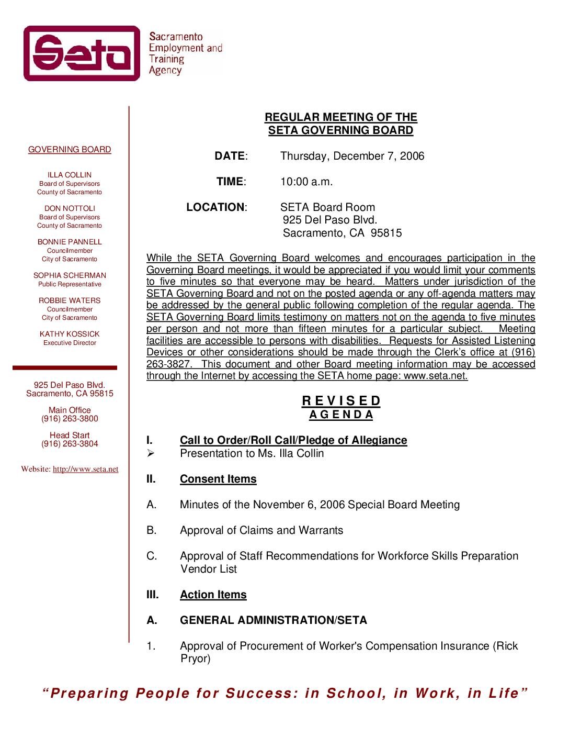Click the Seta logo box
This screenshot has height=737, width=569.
pos(82,53)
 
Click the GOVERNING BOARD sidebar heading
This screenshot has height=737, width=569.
pos(70,150)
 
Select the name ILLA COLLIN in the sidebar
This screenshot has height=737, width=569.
pos(70,175)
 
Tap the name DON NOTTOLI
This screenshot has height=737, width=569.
pos(70,208)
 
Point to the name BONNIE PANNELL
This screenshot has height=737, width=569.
pos(70,242)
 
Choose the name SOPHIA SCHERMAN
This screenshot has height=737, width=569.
pos(70,275)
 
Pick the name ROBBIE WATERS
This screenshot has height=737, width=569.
pos(70,300)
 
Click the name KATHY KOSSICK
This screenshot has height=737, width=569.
pos(70,334)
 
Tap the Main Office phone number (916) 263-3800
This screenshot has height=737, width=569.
pos(70,419)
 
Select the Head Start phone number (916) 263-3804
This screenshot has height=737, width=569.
pos(70,444)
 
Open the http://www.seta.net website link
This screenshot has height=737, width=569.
pos(85,469)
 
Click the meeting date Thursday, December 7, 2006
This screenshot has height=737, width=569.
pos(352,156)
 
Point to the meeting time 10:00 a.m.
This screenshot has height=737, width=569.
pos(306,182)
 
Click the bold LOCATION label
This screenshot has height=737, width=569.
pos(215,207)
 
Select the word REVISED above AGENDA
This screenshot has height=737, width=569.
pos(341,401)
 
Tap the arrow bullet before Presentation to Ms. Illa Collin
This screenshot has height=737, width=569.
pos(151,453)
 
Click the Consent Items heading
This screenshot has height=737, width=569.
pos(218,479)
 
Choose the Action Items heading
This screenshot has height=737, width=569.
pos(213,595)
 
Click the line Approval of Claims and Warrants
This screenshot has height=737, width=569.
pos(261,530)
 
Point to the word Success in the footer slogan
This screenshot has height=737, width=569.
pos(259,693)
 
